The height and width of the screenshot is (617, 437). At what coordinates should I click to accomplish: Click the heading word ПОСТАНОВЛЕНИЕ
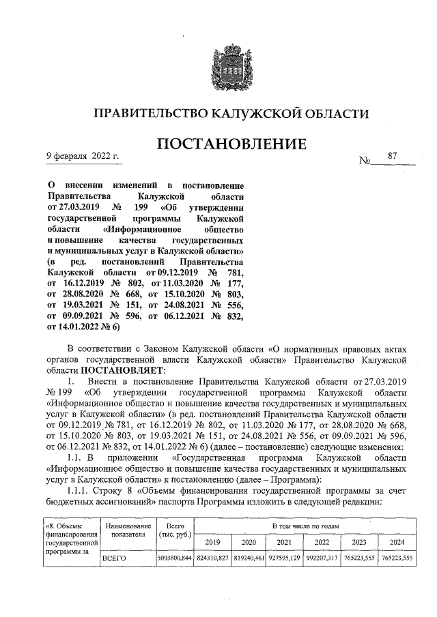coord(232,145)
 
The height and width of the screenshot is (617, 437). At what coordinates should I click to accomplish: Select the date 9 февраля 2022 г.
coord(83,156)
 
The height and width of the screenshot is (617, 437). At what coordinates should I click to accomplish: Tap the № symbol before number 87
coord(367,161)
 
